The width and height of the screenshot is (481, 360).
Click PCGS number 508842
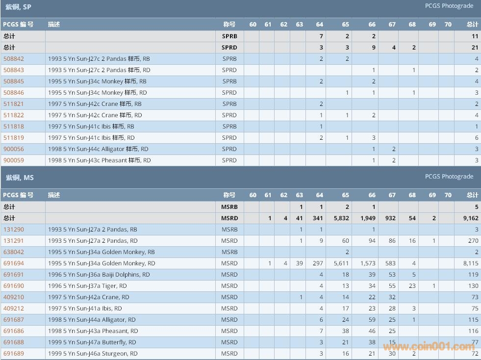14,59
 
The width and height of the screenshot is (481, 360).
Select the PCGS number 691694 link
14,263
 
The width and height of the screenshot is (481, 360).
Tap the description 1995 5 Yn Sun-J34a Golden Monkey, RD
101,263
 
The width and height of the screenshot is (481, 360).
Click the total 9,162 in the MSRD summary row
469,218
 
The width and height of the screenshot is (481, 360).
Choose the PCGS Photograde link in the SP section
449,6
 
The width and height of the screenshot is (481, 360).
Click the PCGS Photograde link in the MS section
449,177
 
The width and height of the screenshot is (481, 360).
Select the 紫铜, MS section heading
20,178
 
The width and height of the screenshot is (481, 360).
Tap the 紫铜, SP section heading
18,7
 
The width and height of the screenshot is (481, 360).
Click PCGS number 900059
14,160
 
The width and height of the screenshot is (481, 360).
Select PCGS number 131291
14,241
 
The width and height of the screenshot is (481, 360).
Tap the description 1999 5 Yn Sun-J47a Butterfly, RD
92,342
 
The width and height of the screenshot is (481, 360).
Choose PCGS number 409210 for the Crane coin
14,297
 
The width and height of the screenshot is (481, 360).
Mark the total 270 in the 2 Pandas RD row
473,241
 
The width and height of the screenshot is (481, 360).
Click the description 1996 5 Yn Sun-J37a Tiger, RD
87,286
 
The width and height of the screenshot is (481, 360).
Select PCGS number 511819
14,138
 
